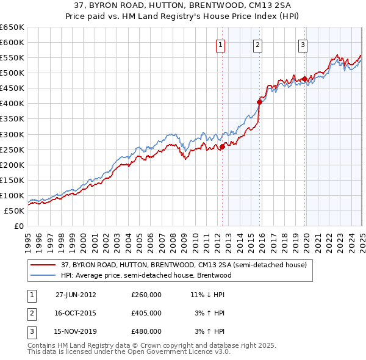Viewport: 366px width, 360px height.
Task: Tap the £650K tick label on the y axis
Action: [12, 27]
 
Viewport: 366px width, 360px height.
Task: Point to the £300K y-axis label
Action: [12, 134]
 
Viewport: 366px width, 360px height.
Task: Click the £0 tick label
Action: [18, 226]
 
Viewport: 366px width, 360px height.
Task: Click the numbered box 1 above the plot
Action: [220, 44]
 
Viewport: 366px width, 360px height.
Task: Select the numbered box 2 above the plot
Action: [257, 44]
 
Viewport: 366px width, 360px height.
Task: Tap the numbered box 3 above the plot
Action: [303, 44]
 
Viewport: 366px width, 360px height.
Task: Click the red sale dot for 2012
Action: [223, 146]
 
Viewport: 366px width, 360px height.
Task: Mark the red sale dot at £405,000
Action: [259, 103]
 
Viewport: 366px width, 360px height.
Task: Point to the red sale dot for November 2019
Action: [304, 79]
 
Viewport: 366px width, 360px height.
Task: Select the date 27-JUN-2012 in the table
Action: [76, 294]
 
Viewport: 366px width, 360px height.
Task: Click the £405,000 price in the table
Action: [146, 313]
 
